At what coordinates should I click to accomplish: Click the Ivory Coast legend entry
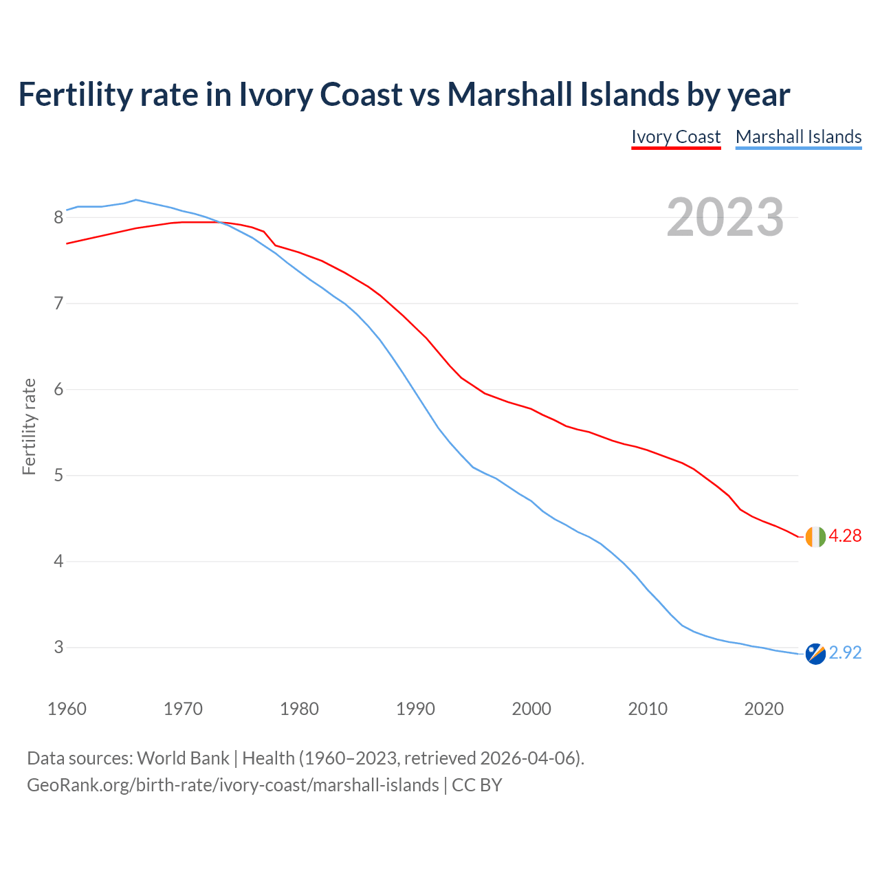coord(676,137)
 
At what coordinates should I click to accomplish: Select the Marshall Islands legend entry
coord(798,137)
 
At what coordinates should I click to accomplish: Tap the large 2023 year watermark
coord(725,217)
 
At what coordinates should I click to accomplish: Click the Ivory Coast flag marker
coord(815,536)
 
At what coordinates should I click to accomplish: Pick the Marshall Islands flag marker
coord(815,654)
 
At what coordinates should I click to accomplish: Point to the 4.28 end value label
coord(845,536)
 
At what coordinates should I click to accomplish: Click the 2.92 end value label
coord(845,653)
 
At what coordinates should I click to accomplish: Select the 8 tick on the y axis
coord(58,218)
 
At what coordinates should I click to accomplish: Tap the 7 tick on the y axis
coord(58,304)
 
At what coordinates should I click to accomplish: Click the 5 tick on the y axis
coord(58,476)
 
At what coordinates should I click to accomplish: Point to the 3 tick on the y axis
coord(58,648)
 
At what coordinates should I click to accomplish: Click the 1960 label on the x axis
coord(67,709)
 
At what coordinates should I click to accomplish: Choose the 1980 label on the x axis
coord(299,709)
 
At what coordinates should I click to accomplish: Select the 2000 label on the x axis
coord(531,709)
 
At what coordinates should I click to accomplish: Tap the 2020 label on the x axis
coord(764,709)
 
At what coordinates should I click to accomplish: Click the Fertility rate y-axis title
coord(29,426)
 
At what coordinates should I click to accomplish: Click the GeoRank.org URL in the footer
coord(232,785)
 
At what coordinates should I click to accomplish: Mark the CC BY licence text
coord(476,785)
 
